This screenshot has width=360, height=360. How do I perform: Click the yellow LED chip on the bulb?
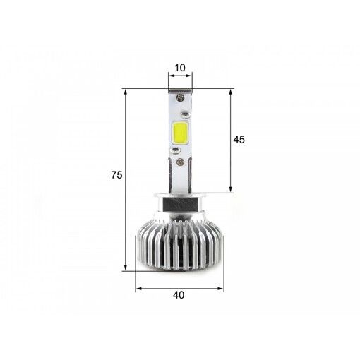click(x=179, y=136)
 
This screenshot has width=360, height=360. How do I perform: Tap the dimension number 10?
click(x=179, y=68)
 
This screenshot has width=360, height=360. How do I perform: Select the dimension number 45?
click(x=239, y=140)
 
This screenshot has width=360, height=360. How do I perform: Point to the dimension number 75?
click(x=117, y=176)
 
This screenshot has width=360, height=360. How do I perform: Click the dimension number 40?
click(x=179, y=296)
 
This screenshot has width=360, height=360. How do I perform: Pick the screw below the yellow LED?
click(x=183, y=162)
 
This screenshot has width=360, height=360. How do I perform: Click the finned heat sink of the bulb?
click(x=179, y=244)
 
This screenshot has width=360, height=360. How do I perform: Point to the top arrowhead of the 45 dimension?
click(x=230, y=92)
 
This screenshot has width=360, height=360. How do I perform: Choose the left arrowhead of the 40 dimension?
click(x=138, y=288)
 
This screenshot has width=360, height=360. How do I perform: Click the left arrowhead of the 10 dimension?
click(x=170, y=78)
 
